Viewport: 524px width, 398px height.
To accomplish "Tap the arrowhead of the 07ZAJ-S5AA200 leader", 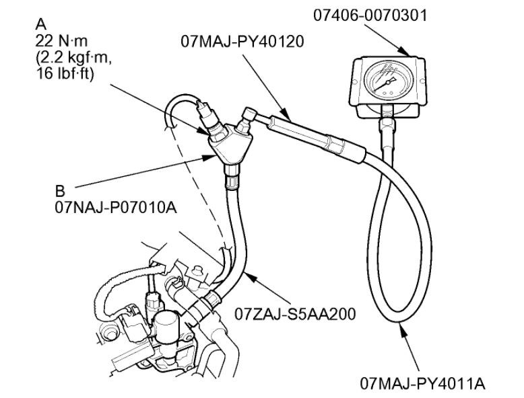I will pyautogui.click(x=245, y=272).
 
